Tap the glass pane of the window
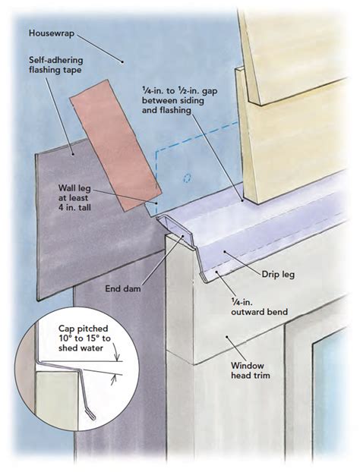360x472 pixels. [334, 395]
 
